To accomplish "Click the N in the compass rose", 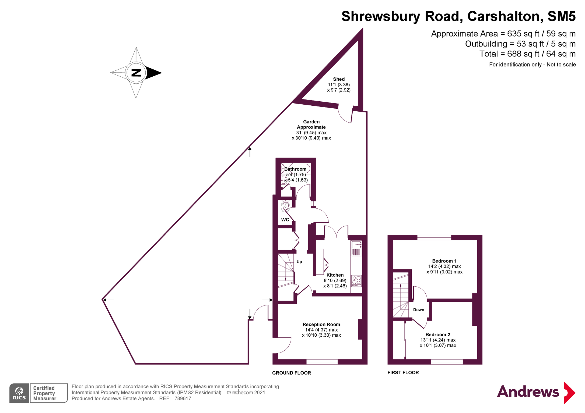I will point(136,73).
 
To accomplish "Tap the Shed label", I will point(339,79).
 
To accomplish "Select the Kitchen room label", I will point(335,275).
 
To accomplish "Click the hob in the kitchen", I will point(356,281).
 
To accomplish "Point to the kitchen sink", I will point(356,245).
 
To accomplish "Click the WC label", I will point(285,220).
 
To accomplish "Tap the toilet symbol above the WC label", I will point(285,206).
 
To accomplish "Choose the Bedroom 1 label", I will point(444,261).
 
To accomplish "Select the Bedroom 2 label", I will point(438,334).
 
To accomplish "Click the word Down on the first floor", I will point(419,310).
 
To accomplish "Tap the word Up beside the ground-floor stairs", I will point(299,262).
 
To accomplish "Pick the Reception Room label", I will point(321,325).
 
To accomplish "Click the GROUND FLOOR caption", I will point(291,373).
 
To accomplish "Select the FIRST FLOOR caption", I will point(403,373).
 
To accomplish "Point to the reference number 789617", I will point(183,398).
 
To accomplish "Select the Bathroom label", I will point(295,169).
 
